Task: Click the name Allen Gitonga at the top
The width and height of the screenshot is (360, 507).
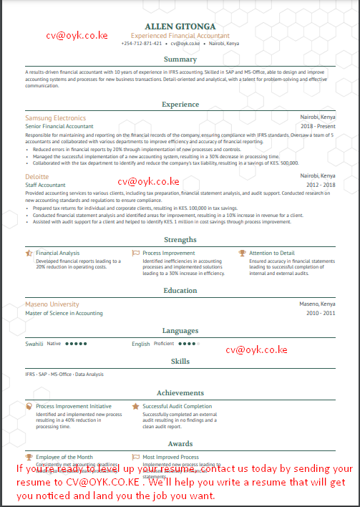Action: pos(180,26)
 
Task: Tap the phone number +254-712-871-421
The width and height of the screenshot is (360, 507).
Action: pos(142,44)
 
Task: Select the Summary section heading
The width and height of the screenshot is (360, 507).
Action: pos(180,59)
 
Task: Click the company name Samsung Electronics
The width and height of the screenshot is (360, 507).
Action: pos(55,117)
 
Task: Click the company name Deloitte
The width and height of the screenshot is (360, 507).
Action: pos(37,176)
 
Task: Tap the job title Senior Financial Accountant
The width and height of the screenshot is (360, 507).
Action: pos(59,126)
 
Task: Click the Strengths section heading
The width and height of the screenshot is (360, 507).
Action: pos(180,240)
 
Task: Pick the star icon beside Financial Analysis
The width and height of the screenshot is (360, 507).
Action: pos(29,253)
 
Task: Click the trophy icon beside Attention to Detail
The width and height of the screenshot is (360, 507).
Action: pos(242,253)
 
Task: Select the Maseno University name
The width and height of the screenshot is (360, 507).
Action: pos(52,304)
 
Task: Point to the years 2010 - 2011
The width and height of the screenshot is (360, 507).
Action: pos(321,313)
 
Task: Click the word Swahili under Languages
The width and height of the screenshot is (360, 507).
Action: pos(34,344)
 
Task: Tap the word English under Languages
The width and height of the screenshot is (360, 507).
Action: pos(141,344)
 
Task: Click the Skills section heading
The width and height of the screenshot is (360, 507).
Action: pos(180,362)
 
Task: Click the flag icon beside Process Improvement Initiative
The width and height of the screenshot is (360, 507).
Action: pos(29,406)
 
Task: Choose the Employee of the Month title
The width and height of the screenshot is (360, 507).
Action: pos(64,457)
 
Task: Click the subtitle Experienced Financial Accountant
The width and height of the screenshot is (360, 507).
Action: pos(180,35)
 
